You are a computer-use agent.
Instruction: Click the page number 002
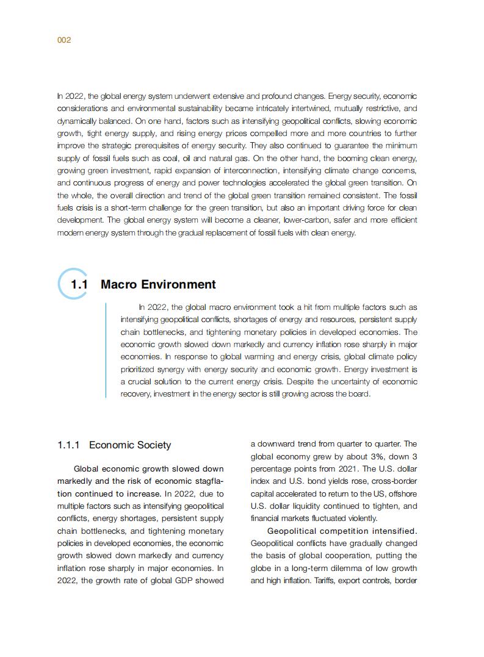tap(64, 40)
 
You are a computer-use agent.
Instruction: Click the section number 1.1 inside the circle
tap(79, 285)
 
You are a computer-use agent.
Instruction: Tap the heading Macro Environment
tap(158, 285)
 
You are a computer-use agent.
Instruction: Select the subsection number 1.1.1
tap(68, 445)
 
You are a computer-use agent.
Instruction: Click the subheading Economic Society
tap(130, 445)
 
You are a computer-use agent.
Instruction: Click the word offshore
tap(402, 494)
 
